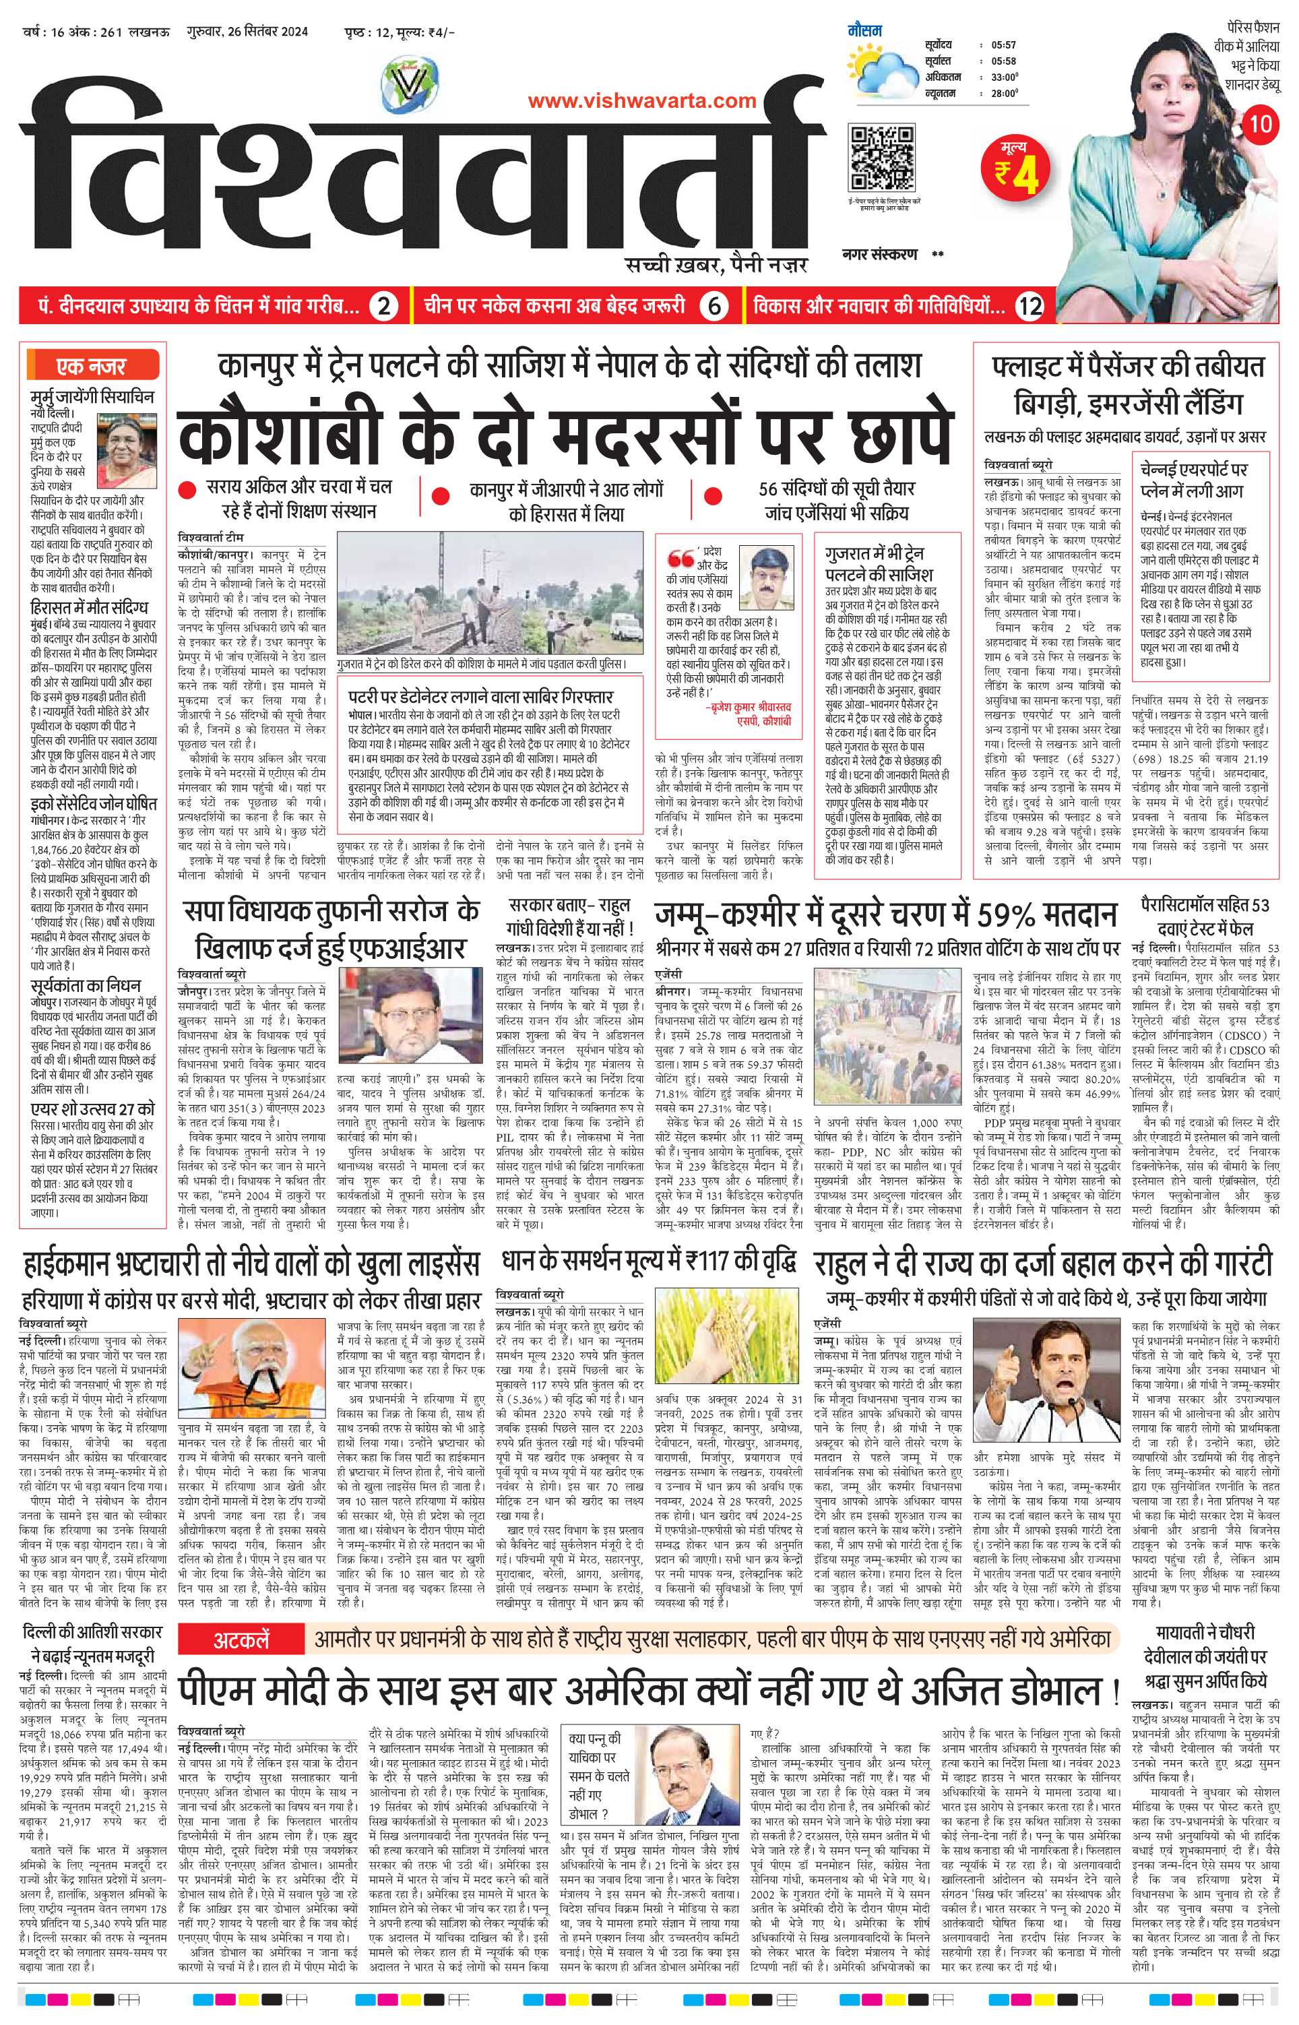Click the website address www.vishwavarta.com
642,101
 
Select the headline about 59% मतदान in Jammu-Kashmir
887,916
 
